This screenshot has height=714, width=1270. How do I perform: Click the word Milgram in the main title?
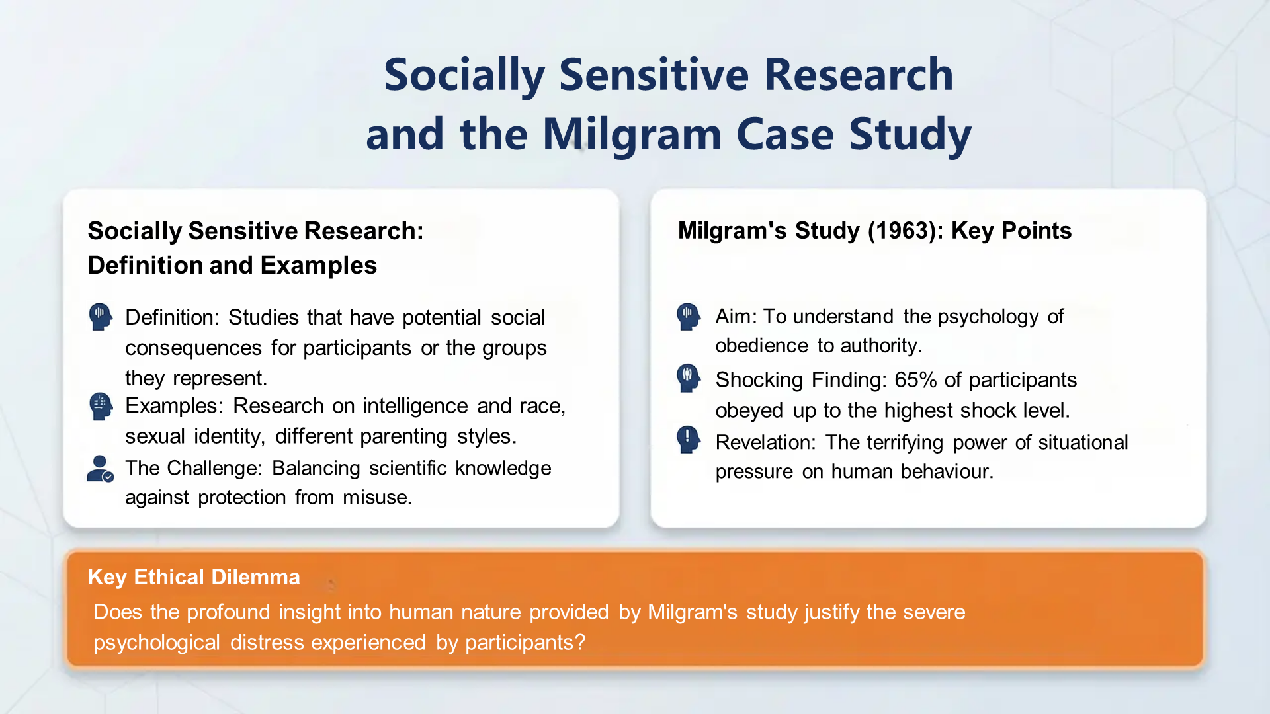pyautogui.click(x=632, y=135)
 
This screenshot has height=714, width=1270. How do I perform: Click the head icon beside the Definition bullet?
pyautogui.click(x=101, y=317)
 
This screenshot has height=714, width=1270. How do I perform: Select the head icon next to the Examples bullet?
pyautogui.click(x=101, y=406)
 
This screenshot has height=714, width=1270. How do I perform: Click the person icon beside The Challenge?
pyautogui.click(x=100, y=469)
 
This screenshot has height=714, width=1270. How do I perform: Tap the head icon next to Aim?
pyautogui.click(x=688, y=317)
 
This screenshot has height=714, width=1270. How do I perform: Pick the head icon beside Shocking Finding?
pyautogui.click(x=688, y=379)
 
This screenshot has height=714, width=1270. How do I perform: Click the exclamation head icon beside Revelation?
pyautogui.click(x=688, y=440)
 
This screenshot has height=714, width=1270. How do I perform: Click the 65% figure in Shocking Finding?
pyautogui.click(x=915, y=380)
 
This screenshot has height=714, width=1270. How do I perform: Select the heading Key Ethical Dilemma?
pyautogui.click(x=194, y=577)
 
